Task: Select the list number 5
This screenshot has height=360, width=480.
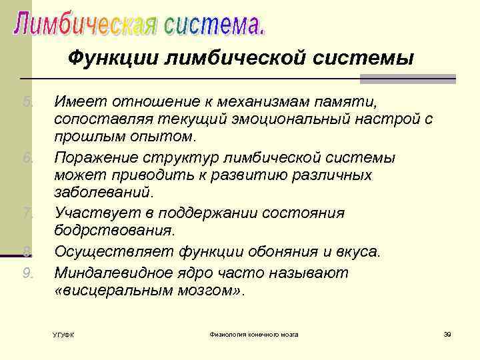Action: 28,102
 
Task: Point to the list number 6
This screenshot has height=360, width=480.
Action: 28,158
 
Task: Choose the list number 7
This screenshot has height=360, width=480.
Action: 28,213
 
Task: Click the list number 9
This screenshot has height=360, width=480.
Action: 28,272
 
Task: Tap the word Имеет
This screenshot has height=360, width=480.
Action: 77,102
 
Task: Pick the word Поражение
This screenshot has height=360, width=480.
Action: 93,158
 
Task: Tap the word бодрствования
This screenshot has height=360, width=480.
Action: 114,231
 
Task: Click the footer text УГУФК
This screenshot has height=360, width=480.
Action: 63,334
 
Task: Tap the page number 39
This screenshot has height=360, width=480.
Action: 447,333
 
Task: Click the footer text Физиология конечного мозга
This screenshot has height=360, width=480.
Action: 253,333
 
